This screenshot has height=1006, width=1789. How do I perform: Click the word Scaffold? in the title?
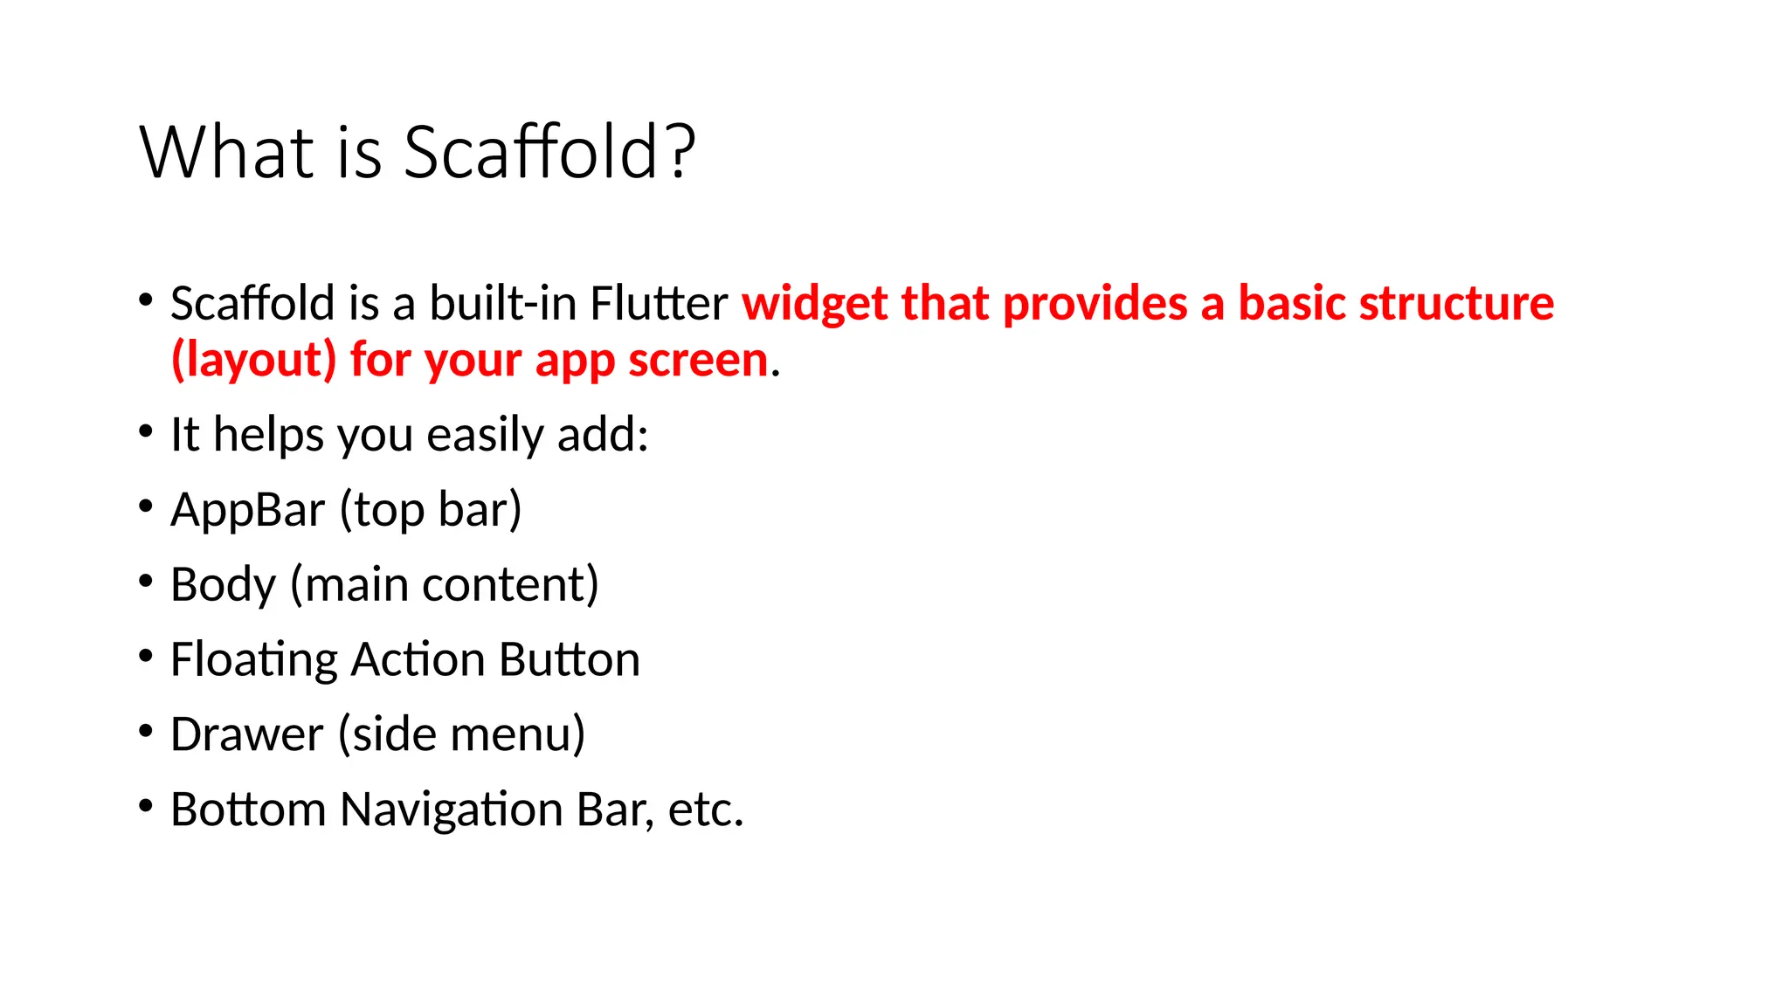point(549,152)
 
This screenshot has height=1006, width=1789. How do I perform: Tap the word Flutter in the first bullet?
point(659,304)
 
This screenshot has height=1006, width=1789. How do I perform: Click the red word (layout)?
point(253,361)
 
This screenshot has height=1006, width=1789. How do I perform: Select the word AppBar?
point(247,510)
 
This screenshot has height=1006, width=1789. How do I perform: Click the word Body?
point(223,585)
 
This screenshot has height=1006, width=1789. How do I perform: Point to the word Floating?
point(253,660)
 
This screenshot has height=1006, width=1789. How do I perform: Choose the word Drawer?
point(246,734)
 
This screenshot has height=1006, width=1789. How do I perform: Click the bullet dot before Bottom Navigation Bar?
point(146,805)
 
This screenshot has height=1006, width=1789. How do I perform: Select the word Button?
point(570,660)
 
